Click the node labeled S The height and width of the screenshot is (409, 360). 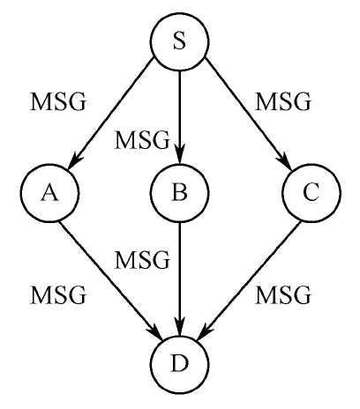[180, 41]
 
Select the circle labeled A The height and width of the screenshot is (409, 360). [49, 192]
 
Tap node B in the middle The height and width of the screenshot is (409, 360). [180, 192]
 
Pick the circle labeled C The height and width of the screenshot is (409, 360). [311, 192]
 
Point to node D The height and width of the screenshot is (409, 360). [180, 364]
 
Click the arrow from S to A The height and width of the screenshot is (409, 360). [111, 114]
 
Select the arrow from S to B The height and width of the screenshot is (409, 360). [180, 117]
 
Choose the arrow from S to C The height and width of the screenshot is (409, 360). [249, 114]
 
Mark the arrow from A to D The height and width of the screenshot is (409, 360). [111, 280]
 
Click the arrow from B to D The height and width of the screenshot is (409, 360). [180, 279]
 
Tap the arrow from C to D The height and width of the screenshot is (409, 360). [250, 280]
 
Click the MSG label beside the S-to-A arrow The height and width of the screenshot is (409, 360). [58, 101]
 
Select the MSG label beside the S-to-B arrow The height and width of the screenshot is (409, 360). [142, 139]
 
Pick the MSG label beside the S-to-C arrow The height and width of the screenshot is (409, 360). [282, 101]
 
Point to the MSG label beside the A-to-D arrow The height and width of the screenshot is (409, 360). [58, 294]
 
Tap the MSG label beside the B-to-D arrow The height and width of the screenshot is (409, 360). [142, 260]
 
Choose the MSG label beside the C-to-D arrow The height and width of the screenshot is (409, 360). [282, 294]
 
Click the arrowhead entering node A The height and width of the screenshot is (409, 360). [74, 160]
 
